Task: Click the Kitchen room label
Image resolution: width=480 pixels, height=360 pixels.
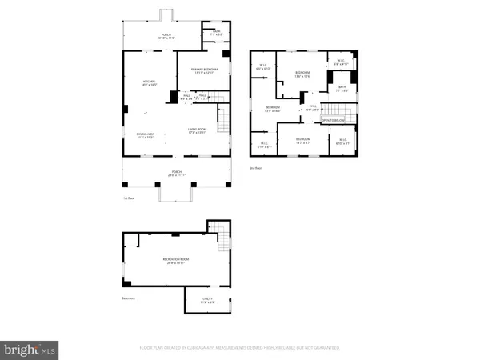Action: [147, 83]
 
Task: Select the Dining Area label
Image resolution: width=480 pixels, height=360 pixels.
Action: [146, 135]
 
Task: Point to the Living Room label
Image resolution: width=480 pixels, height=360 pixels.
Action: [197, 134]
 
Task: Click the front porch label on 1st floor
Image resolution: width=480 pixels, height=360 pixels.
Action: [175, 174]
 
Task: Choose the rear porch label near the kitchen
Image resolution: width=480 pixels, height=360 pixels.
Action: [166, 36]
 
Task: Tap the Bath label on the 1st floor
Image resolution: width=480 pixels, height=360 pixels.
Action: [216, 34]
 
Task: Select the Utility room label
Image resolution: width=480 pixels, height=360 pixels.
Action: [206, 302]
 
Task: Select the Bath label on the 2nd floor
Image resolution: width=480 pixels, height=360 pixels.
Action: [342, 89]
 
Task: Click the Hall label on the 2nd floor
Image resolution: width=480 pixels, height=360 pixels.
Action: [314, 107]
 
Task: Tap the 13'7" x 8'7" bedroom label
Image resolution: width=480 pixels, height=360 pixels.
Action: [304, 142]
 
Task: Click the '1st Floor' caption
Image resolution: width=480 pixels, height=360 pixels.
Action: [129, 198]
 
